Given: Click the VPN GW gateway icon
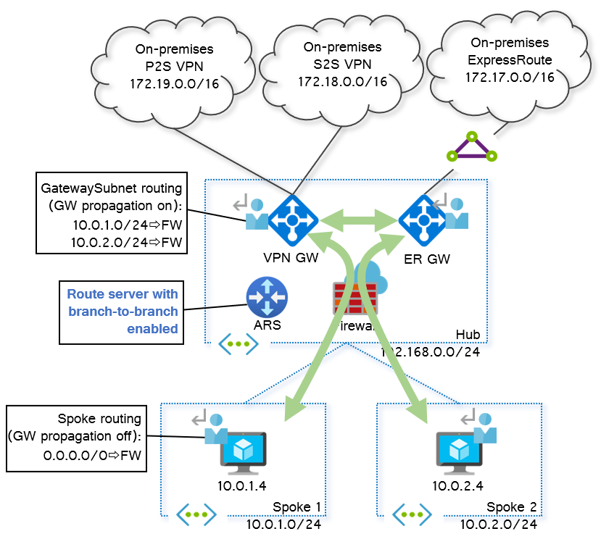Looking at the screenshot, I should point(294,218).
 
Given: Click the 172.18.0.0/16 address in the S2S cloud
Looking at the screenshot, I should point(342,80).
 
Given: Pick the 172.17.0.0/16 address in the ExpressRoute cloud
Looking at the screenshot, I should point(510,76).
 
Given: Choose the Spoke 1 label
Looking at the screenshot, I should point(297,506).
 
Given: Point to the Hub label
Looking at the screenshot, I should point(468,334).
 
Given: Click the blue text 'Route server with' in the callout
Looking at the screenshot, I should point(123,294).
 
